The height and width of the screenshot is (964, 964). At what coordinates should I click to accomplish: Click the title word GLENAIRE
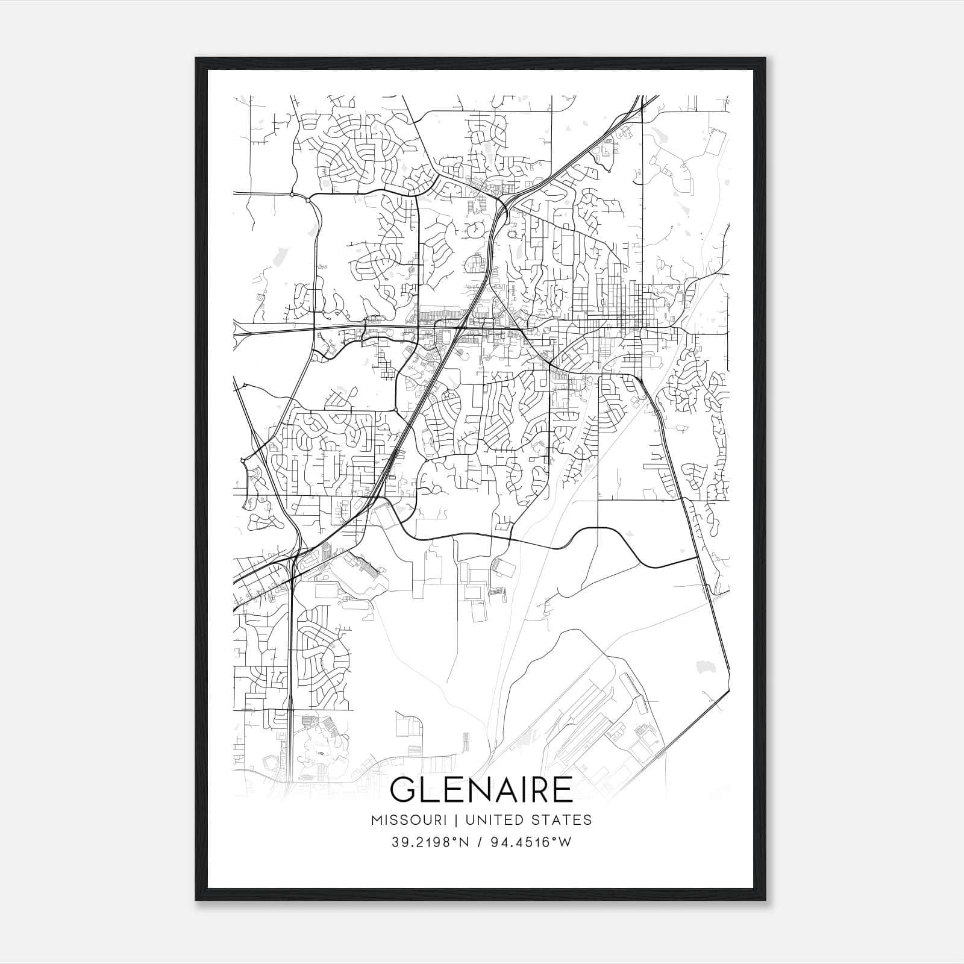481,790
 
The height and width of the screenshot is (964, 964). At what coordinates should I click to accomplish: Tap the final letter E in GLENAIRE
562,790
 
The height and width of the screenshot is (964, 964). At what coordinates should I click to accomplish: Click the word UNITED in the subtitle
495,820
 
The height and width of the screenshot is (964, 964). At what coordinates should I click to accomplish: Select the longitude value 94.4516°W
531,842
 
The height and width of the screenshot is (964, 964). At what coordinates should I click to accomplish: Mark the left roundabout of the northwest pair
292,195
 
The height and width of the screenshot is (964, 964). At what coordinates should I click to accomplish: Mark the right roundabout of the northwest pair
308,199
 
